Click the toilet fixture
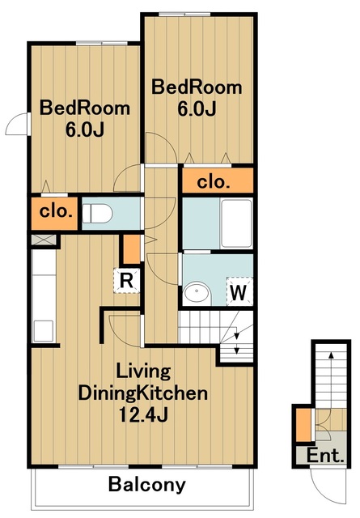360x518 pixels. [97, 214]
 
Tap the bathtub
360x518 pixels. [236, 223]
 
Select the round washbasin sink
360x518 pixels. [197, 292]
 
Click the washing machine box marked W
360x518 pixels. [239, 291]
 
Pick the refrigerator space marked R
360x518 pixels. [126, 281]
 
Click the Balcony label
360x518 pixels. [147, 485]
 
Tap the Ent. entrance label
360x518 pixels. [325, 456]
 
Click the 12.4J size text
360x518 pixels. [143, 414]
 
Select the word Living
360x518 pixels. [143, 372]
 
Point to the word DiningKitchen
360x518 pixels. [143, 393]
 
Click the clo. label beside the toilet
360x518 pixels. [56, 211]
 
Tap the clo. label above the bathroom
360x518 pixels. [213, 182]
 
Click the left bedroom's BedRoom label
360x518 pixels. [85, 108]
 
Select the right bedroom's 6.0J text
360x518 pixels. [197, 109]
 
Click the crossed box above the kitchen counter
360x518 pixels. [44, 240]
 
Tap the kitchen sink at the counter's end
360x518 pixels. [44, 331]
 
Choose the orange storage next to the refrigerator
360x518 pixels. [132, 249]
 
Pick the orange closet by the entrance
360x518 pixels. [303, 425]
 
